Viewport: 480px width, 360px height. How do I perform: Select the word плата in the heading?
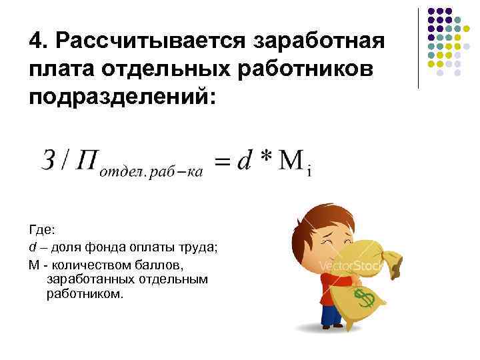coord(60,70)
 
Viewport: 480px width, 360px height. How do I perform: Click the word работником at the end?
coord(85,294)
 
